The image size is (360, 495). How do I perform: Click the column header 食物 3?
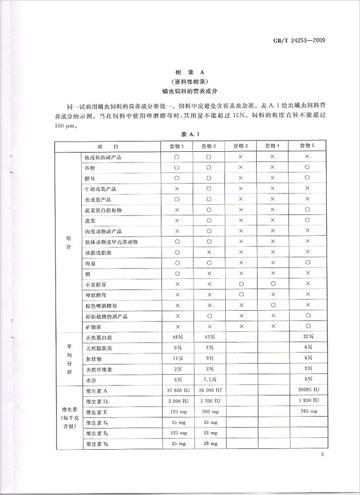pos(240,146)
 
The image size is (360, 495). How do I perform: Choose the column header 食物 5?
pos(307,146)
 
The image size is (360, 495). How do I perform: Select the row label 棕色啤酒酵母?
pos(101,305)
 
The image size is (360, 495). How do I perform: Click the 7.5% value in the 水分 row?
pos(209,380)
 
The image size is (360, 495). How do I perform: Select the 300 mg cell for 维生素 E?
pos(209,412)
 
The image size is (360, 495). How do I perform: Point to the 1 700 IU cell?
pos(209,401)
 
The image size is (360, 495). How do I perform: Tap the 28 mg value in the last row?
pos(209,444)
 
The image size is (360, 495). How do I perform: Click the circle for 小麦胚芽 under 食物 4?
pos(274,284)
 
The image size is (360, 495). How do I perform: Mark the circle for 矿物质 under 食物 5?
pos(307,326)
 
